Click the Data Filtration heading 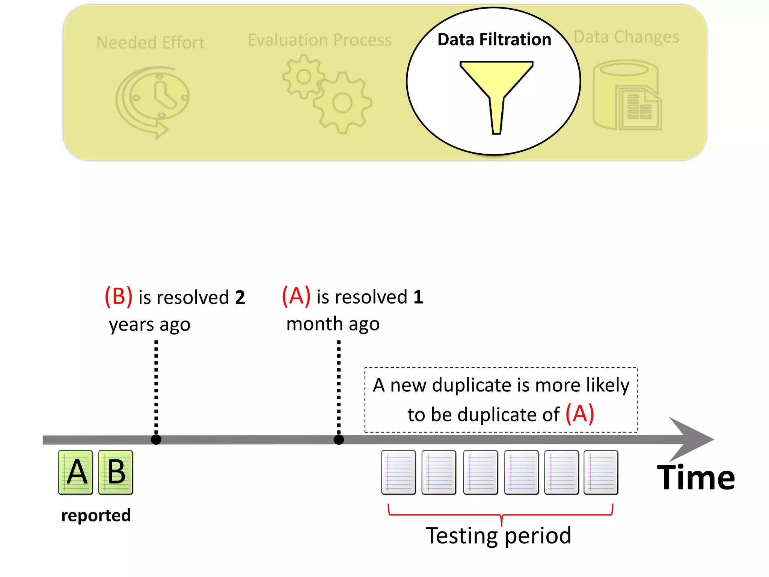[494, 39]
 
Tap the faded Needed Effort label [150, 42]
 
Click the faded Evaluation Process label [320, 40]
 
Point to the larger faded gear [342, 103]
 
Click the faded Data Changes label [626, 37]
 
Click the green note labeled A [75, 472]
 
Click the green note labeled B [116, 472]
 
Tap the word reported [96, 515]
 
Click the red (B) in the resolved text [118, 296]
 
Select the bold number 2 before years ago [240, 298]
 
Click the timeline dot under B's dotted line [156, 440]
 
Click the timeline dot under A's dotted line [339, 440]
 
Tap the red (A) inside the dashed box [580, 414]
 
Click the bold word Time [696, 477]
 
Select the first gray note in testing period [398, 472]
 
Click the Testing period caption [498, 535]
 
